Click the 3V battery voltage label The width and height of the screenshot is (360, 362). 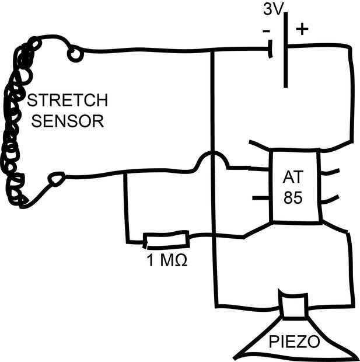pyautogui.click(x=273, y=10)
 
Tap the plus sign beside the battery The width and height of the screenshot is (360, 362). pyautogui.click(x=302, y=29)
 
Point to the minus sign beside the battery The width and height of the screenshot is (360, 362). pyautogui.click(x=266, y=31)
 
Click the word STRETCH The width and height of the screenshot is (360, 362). pyautogui.click(x=67, y=100)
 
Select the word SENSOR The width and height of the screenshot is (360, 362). pyautogui.click(x=68, y=121)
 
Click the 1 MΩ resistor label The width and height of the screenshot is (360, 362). pyautogui.click(x=167, y=260)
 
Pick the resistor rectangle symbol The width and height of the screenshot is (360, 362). pyautogui.click(x=166, y=240)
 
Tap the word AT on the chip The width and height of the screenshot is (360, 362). pyautogui.click(x=293, y=177)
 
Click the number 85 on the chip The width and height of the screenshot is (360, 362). pyautogui.click(x=293, y=197)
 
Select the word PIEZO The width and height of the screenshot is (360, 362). pyautogui.click(x=294, y=342)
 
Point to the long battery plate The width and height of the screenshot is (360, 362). pyautogui.click(x=286, y=50)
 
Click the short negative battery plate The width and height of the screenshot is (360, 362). pyautogui.click(x=270, y=48)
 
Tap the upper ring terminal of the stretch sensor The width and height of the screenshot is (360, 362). pyautogui.click(x=75, y=54)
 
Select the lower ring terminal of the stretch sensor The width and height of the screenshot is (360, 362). pyautogui.click(x=56, y=179)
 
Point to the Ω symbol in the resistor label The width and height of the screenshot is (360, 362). pyautogui.click(x=181, y=261)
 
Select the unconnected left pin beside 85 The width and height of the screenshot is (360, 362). pyautogui.click(x=261, y=198)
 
